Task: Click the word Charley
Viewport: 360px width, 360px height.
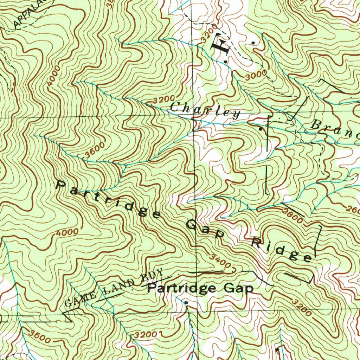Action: click(205, 110)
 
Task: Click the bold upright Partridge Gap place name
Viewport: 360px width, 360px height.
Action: click(200, 288)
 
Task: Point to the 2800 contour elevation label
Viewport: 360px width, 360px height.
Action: click(292, 215)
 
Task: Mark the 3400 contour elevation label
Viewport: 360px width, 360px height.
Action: click(220, 261)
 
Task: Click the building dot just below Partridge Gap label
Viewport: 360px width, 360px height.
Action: click(186, 302)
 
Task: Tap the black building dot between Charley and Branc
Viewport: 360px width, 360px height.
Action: click(260, 129)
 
